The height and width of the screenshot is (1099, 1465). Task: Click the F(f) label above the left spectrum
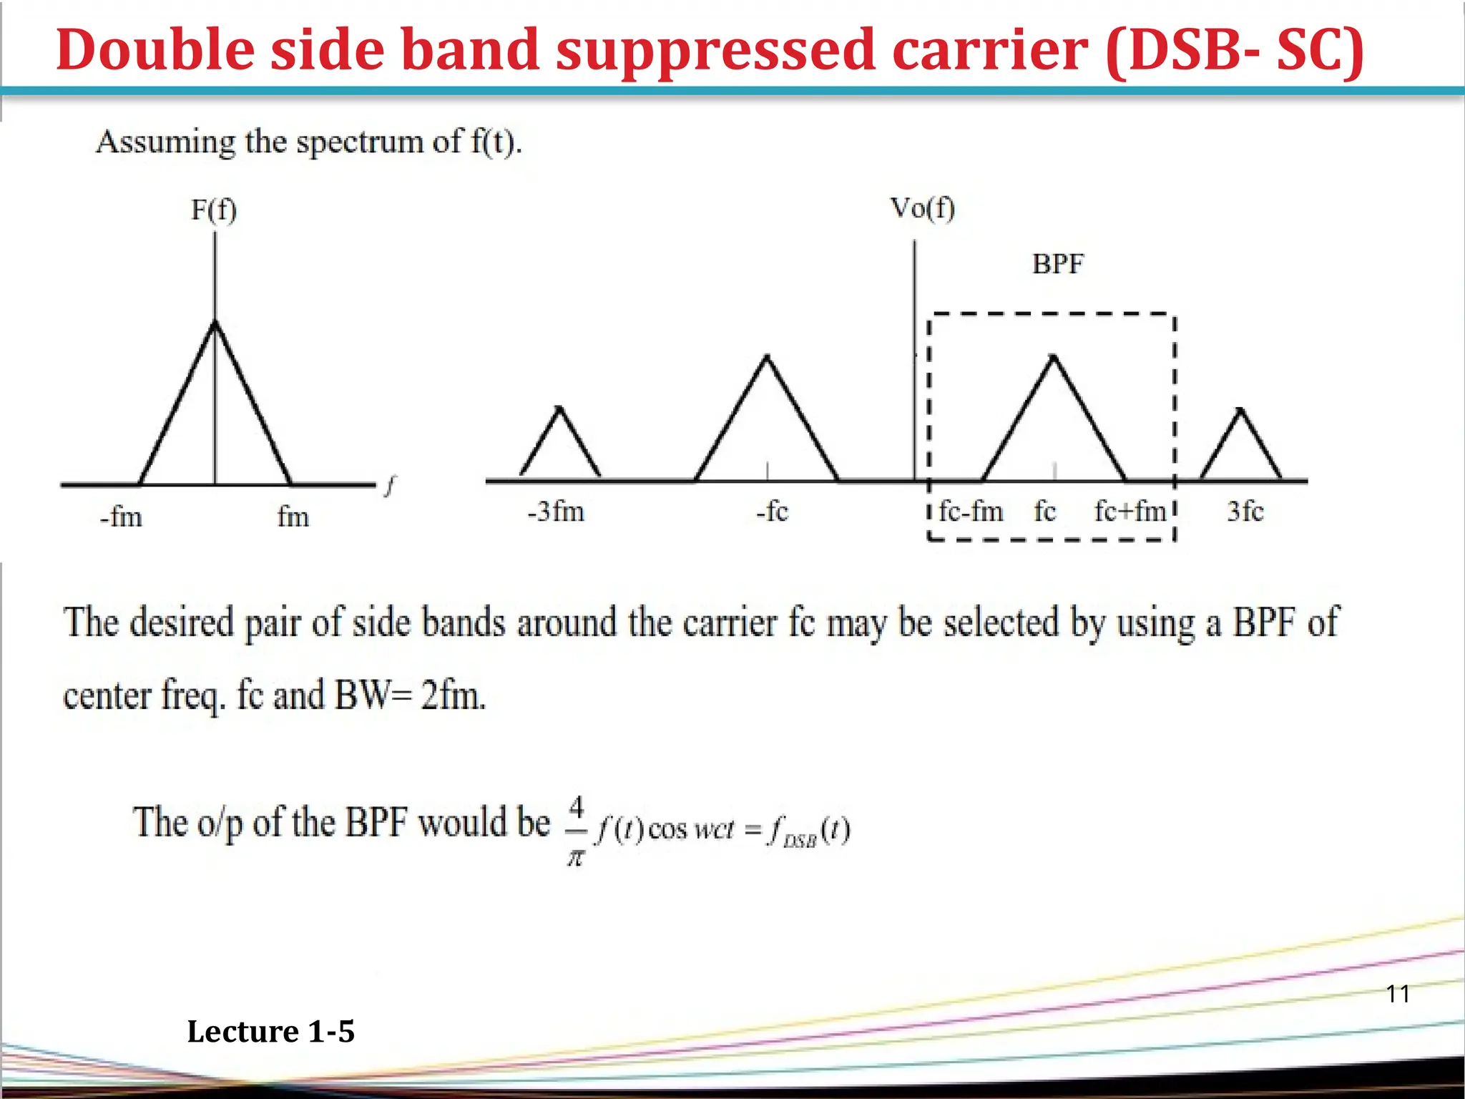[213, 210]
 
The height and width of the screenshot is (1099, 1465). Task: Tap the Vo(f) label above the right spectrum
[921, 209]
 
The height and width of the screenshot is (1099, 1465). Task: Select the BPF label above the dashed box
[1057, 265]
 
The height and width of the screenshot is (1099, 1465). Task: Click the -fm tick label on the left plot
[121, 517]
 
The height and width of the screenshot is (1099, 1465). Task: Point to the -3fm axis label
[556, 512]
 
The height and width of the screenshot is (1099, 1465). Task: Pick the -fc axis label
[772, 512]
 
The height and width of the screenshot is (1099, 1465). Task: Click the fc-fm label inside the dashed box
[971, 512]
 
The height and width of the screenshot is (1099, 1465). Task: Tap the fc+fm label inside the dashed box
[1130, 512]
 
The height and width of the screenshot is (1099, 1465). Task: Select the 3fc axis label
[1245, 512]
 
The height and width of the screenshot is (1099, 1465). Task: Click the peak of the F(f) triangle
[215, 323]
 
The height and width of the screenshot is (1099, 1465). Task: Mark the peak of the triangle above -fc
[767, 356]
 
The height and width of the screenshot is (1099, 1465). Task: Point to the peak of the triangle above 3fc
[1241, 410]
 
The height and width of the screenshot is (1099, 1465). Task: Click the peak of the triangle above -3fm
[559, 408]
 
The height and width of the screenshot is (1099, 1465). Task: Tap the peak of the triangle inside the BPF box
[1053, 356]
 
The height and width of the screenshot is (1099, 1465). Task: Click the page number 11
[1398, 994]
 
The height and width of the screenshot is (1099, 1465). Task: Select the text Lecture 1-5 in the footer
[270, 1032]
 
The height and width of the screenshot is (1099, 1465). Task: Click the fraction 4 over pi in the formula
[576, 831]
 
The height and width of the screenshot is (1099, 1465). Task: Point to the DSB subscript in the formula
[800, 842]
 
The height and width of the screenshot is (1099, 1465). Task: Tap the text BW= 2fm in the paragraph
[410, 695]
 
